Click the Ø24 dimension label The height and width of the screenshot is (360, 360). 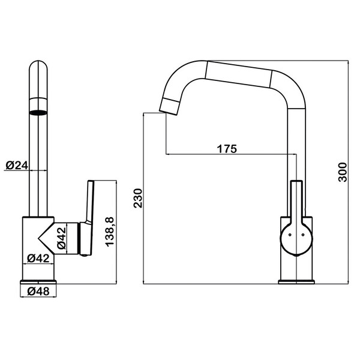tap(17, 166)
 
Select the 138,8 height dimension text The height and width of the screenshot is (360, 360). tap(110, 232)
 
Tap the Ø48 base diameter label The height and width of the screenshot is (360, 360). tap(38, 292)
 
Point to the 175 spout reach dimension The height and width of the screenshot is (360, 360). tap(227, 149)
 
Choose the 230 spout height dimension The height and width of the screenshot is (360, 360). tap(138, 198)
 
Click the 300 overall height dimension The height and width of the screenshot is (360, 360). tap(343, 172)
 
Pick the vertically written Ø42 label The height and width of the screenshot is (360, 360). tap(62, 238)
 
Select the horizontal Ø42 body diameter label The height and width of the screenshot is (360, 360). tap(38, 258)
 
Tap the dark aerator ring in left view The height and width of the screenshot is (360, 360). tap(38, 113)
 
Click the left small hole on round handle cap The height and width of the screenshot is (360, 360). tap(290, 235)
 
